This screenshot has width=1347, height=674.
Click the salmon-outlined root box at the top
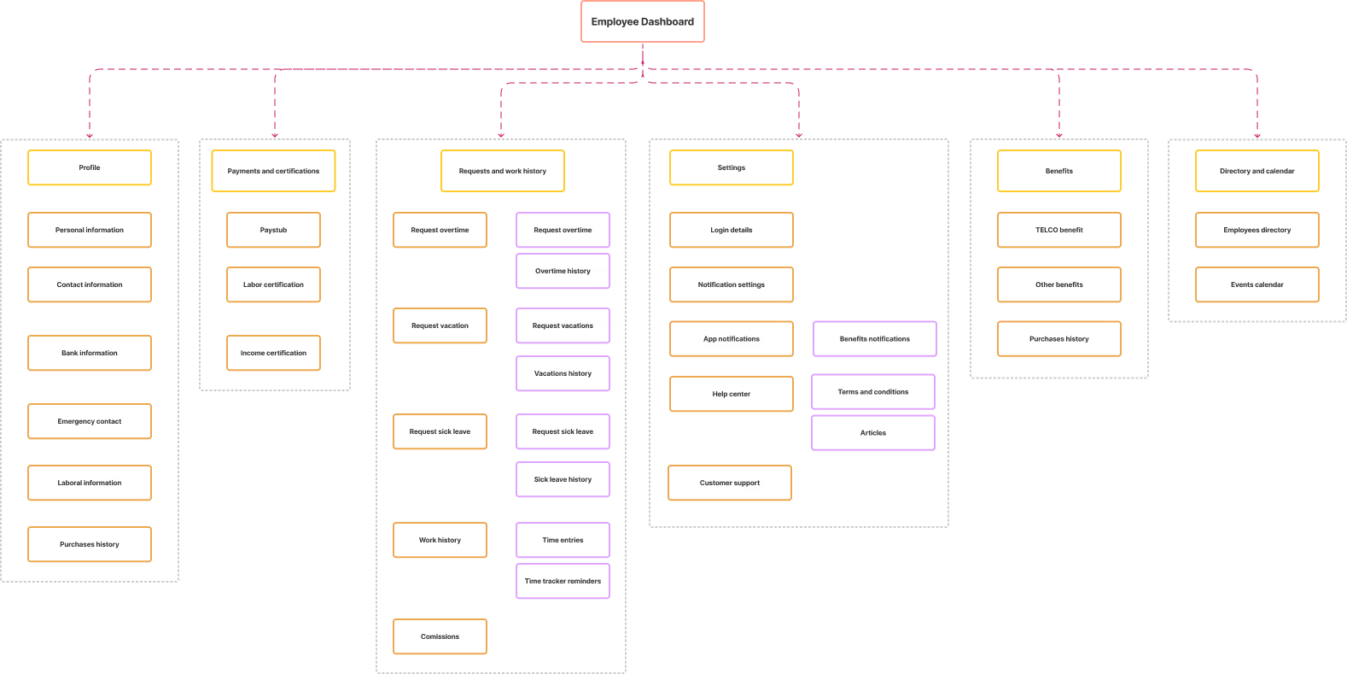(x=642, y=21)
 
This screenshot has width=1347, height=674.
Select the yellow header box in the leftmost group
(x=90, y=167)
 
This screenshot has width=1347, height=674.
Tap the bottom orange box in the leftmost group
(x=90, y=544)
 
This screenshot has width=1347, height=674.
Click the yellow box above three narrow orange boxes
(x=273, y=171)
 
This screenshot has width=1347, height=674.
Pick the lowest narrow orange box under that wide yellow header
(x=273, y=353)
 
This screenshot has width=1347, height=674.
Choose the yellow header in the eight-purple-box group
(x=503, y=171)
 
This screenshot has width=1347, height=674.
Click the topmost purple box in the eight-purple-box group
(x=563, y=230)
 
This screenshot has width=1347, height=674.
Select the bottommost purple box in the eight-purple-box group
(x=563, y=581)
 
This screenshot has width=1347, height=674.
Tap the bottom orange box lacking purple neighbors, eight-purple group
(x=440, y=636)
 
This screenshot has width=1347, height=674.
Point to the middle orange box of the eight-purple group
(x=440, y=431)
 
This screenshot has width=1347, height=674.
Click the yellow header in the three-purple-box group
(x=732, y=167)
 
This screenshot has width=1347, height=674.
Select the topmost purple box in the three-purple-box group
(x=875, y=338)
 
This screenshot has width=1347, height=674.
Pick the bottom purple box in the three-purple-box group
(x=873, y=432)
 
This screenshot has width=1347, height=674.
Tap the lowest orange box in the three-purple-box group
(x=730, y=483)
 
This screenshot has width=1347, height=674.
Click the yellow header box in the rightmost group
(x=1257, y=171)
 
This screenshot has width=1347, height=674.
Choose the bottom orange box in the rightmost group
(x=1257, y=284)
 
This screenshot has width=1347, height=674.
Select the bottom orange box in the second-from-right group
(x=1059, y=338)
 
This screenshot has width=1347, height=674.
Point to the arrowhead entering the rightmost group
(x=1257, y=135)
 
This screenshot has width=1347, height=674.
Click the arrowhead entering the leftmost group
(x=90, y=135)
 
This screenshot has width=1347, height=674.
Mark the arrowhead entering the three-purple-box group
(x=799, y=135)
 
